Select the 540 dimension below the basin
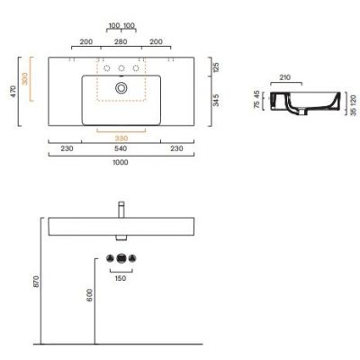[x=120, y=149]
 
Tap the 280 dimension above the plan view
[x=120, y=41]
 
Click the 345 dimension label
[x=214, y=101]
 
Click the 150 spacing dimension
[x=120, y=277]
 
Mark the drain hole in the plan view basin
[x=121, y=88]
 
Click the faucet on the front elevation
[x=120, y=209]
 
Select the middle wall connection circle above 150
[x=120, y=259]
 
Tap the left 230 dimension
[x=66, y=149]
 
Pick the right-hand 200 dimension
[x=156, y=41]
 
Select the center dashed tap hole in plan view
[x=121, y=68]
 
